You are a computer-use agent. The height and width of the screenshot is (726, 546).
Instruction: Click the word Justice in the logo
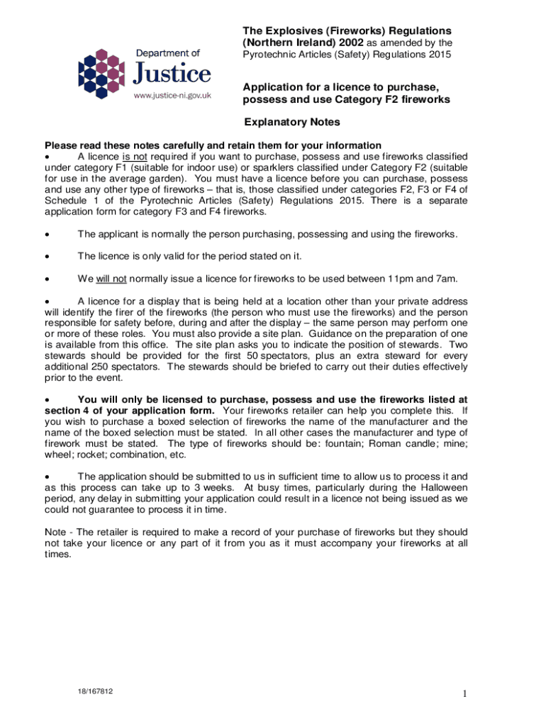[x=173, y=73]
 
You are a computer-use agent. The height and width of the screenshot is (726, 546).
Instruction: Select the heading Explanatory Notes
[x=291, y=122]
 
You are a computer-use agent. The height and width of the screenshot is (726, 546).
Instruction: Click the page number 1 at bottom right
[x=464, y=694]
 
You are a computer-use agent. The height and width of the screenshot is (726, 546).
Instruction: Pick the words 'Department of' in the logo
[x=168, y=52]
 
